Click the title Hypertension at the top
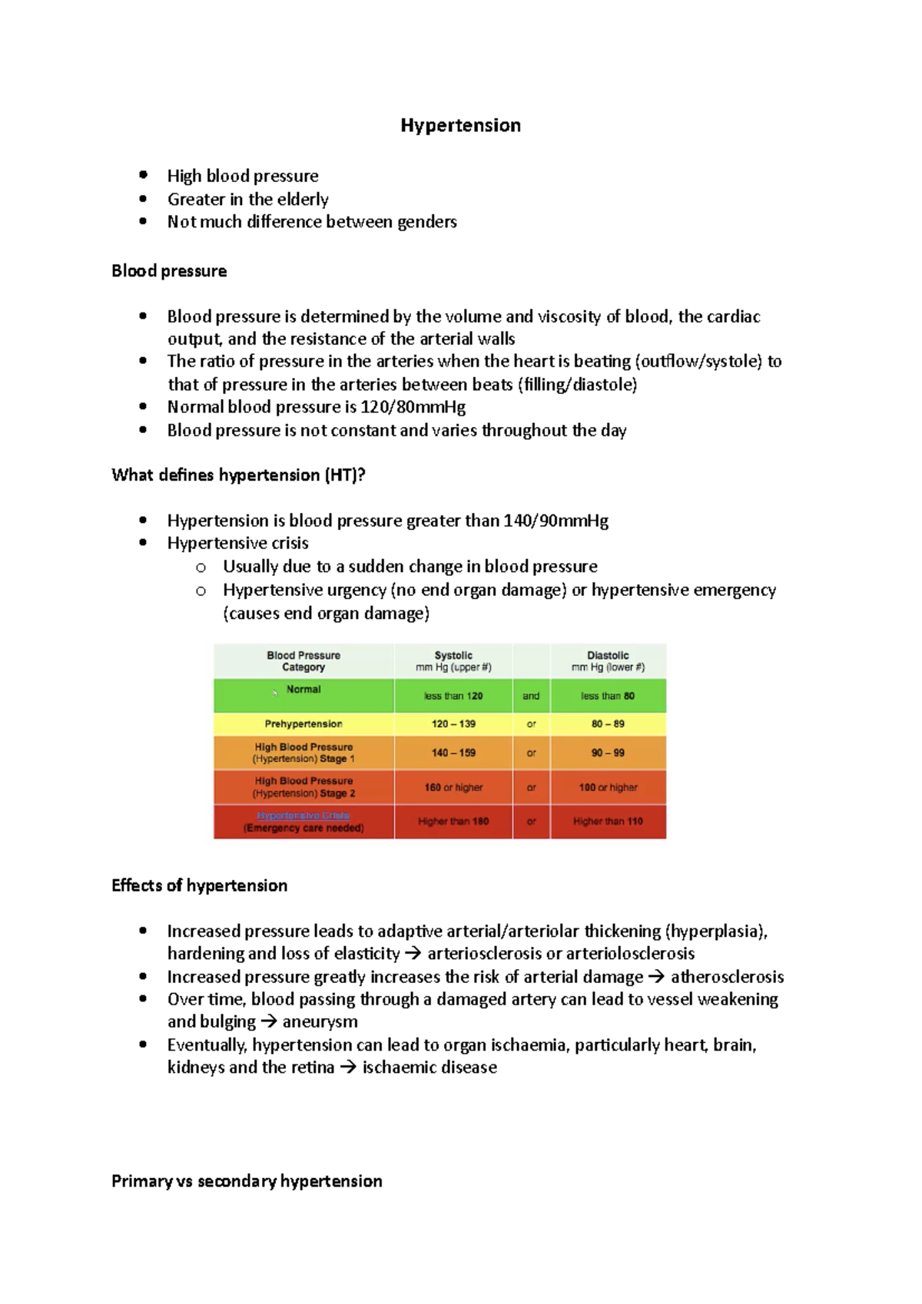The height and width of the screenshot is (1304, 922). click(x=460, y=125)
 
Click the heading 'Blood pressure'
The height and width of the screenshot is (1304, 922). click(x=169, y=271)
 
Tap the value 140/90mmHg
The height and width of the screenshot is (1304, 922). click(x=556, y=521)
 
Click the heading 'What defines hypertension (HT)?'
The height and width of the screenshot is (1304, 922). click(x=238, y=475)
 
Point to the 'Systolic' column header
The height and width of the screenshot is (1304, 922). click(x=453, y=656)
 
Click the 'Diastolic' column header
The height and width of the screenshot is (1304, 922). click(x=608, y=656)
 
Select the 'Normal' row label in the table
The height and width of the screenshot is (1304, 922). click(x=303, y=690)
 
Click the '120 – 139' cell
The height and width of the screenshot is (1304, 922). click(x=453, y=724)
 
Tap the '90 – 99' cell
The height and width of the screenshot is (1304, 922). click(x=608, y=753)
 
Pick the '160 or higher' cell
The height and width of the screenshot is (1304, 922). click(x=453, y=788)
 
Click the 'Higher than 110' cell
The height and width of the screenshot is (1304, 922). click(x=608, y=822)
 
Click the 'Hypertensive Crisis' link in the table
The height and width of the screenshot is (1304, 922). click(x=303, y=816)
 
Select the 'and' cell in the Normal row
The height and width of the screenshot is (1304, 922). click(x=531, y=697)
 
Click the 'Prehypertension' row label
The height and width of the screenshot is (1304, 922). click(x=303, y=724)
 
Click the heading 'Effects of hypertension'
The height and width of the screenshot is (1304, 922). click(x=200, y=885)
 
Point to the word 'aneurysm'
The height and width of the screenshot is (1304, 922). click(x=320, y=1022)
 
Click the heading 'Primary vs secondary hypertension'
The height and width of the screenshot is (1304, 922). click(x=247, y=1181)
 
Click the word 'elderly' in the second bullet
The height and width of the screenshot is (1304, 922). click(x=303, y=200)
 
